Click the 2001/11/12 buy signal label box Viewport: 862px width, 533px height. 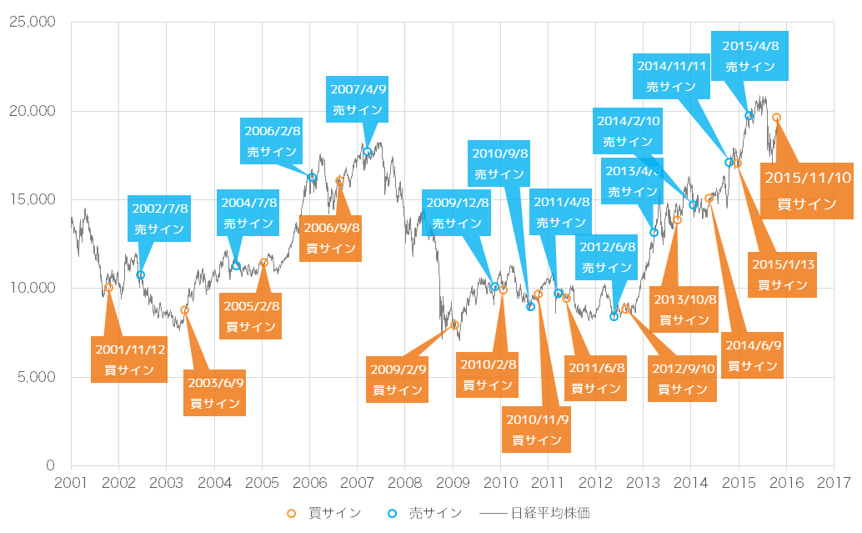(x=128, y=360)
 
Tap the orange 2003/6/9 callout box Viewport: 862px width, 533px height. (x=215, y=393)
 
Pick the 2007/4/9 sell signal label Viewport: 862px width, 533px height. (x=358, y=99)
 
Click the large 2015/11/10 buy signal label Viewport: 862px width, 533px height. (x=806, y=190)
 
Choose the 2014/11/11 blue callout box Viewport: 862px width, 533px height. (x=671, y=75)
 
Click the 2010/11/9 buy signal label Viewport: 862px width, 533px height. (x=537, y=430)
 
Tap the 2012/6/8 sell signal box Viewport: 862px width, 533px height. (x=606, y=258)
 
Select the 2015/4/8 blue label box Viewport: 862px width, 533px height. (x=750, y=56)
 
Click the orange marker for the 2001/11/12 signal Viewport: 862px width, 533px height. (x=108, y=288)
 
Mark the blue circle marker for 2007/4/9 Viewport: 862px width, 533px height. (x=367, y=152)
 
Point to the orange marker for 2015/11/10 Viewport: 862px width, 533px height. (x=776, y=118)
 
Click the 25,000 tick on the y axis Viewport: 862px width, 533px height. (x=31, y=23)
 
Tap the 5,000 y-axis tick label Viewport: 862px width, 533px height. (x=36, y=377)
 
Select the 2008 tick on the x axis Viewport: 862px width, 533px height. (x=404, y=483)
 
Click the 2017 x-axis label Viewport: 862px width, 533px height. (x=833, y=483)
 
